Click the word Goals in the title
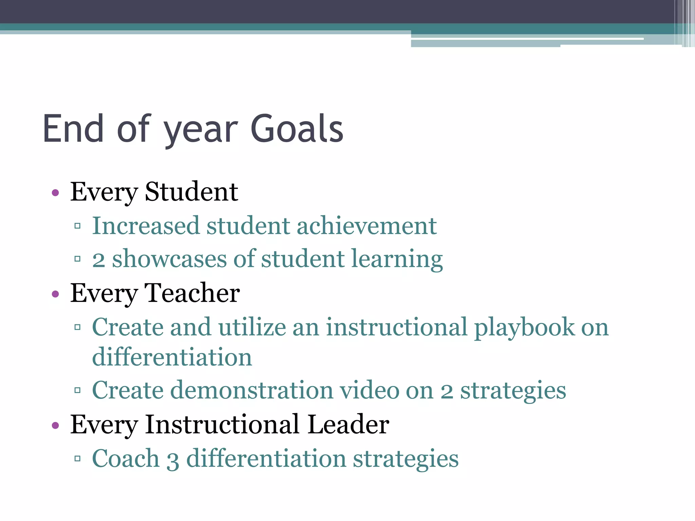click(297, 129)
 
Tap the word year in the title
click(201, 131)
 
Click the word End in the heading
click(73, 129)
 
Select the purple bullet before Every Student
click(55, 193)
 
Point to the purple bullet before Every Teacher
click(55, 294)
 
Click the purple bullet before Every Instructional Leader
click(55, 425)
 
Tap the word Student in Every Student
click(191, 192)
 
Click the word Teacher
click(192, 293)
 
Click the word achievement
click(367, 226)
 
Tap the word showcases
click(169, 259)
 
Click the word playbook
click(524, 328)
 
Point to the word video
click(370, 390)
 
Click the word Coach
click(126, 459)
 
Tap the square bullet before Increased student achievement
click(77, 226)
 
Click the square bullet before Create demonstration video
click(77, 390)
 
